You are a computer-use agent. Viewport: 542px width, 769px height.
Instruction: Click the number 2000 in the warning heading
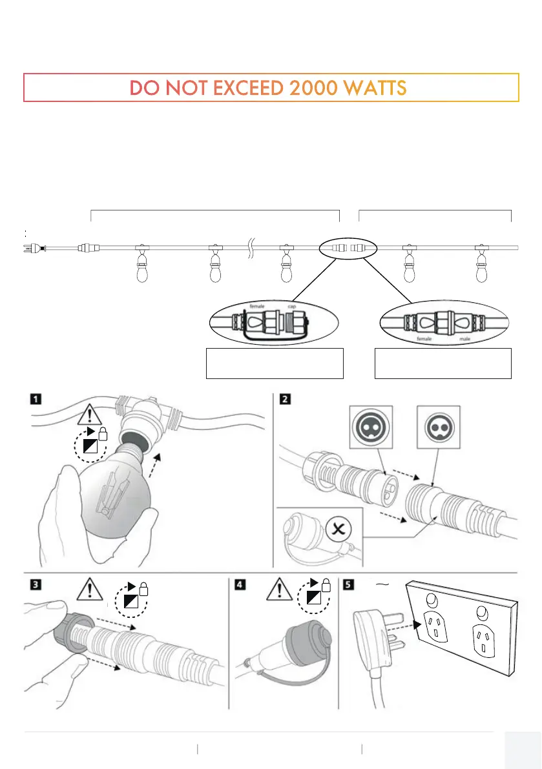click(310, 88)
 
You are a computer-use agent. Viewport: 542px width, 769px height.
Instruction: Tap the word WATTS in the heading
click(374, 88)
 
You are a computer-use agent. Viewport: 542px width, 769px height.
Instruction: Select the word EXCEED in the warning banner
click(246, 88)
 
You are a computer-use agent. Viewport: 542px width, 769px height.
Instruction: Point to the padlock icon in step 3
click(143, 590)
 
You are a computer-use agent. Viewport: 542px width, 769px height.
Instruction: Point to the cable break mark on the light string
click(252, 247)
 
